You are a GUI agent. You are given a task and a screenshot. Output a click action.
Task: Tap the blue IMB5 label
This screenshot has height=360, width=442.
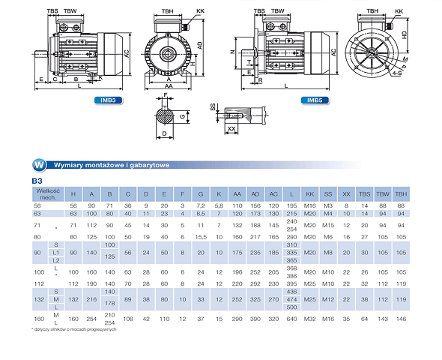pyautogui.click(x=315, y=99)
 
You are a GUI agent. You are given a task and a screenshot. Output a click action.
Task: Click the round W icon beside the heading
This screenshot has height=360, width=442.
pyautogui.click(x=37, y=164)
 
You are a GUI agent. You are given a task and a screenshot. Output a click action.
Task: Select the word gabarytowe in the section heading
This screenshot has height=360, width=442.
pyautogui.click(x=147, y=164)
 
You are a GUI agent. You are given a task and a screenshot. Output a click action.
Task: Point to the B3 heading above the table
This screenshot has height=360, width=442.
pyautogui.click(x=36, y=181)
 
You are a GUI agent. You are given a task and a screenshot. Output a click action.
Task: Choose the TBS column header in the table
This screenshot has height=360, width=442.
pyautogui.click(x=365, y=193)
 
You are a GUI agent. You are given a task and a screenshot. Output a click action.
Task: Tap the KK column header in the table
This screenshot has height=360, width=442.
pyautogui.click(x=309, y=193)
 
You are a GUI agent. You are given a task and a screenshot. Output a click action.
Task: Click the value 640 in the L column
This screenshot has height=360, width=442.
pyautogui.click(x=291, y=319)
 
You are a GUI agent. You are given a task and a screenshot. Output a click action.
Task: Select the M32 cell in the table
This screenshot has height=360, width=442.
pyautogui.click(x=309, y=319)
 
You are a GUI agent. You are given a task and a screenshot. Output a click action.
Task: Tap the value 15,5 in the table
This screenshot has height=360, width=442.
pyautogui.click(x=200, y=236)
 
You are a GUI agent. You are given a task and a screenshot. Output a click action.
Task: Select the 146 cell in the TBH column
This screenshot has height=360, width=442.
pyautogui.click(x=401, y=319)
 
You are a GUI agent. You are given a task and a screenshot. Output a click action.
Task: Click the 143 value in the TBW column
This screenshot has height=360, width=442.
pyautogui.click(x=383, y=319)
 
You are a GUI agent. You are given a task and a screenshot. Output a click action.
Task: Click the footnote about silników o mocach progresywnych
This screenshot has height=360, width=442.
pyautogui.click(x=73, y=329)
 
